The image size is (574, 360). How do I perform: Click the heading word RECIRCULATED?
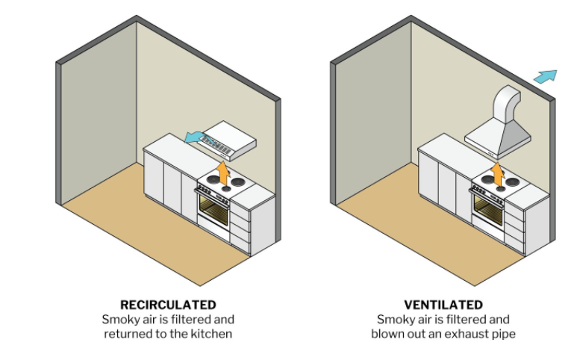tap(168, 305)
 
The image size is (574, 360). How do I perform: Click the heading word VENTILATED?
tap(443, 305)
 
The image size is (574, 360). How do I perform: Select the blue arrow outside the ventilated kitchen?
tap(546, 76)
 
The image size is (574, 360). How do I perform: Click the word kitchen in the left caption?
tap(212, 334)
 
